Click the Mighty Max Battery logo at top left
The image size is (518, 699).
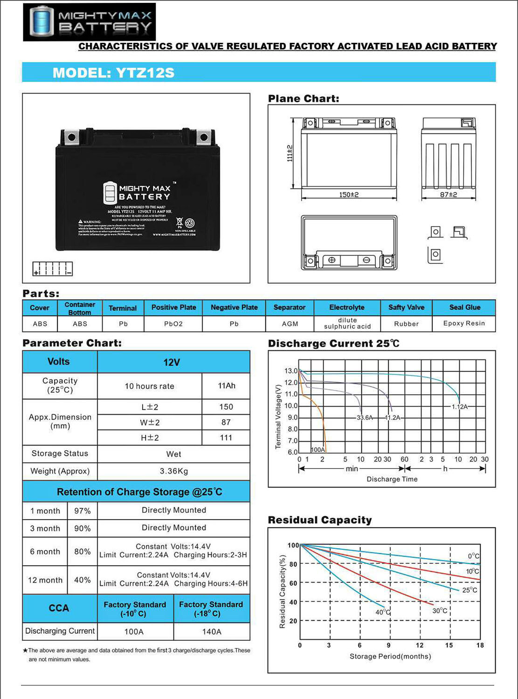(90, 22)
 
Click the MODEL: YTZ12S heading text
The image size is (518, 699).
(113, 73)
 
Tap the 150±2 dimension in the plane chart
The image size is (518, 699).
(349, 195)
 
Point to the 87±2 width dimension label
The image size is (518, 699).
(449, 195)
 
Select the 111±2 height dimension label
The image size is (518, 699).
(290, 153)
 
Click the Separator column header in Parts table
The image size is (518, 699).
(289, 308)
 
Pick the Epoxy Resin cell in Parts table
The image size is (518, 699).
(464, 323)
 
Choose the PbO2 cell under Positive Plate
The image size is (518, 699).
(173, 324)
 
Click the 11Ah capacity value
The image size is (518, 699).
(227, 386)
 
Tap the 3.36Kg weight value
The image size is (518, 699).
(174, 471)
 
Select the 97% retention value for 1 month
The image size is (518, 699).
(83, 511)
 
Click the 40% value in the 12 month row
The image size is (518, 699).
(83, 580)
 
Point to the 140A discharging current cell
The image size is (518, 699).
(212, 632)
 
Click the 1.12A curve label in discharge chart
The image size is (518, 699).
(459, 407)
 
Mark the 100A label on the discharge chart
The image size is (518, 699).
(318, 450)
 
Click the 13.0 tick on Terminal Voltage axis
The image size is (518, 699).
(291, 371)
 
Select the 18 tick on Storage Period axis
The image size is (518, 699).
(480, 645)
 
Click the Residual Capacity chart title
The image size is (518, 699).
(320, 520)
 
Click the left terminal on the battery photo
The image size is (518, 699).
(71, 137)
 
